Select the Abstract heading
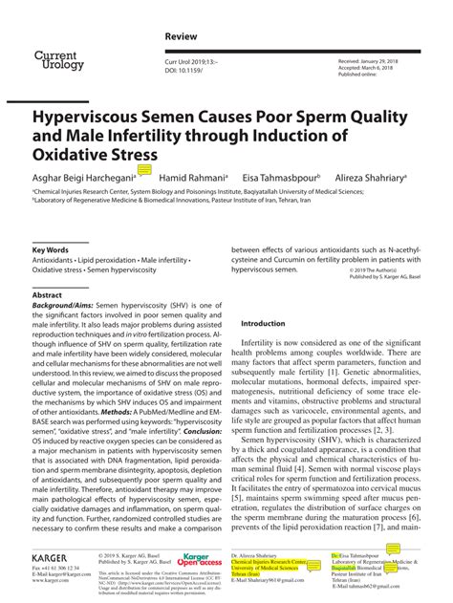[x=48, y=295]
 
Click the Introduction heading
[x=264, y=323]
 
